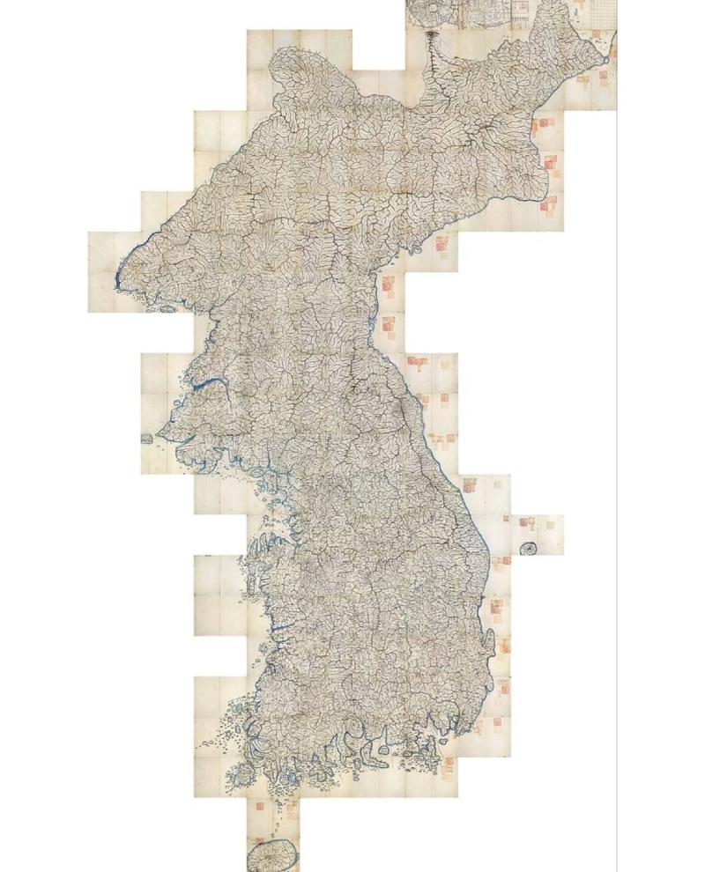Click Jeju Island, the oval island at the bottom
pos(270,854)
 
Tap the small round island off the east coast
pos(529,549)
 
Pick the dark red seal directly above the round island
pos(530,524)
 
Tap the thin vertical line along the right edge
pos(616,440)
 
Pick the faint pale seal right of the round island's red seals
pos(550,526)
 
